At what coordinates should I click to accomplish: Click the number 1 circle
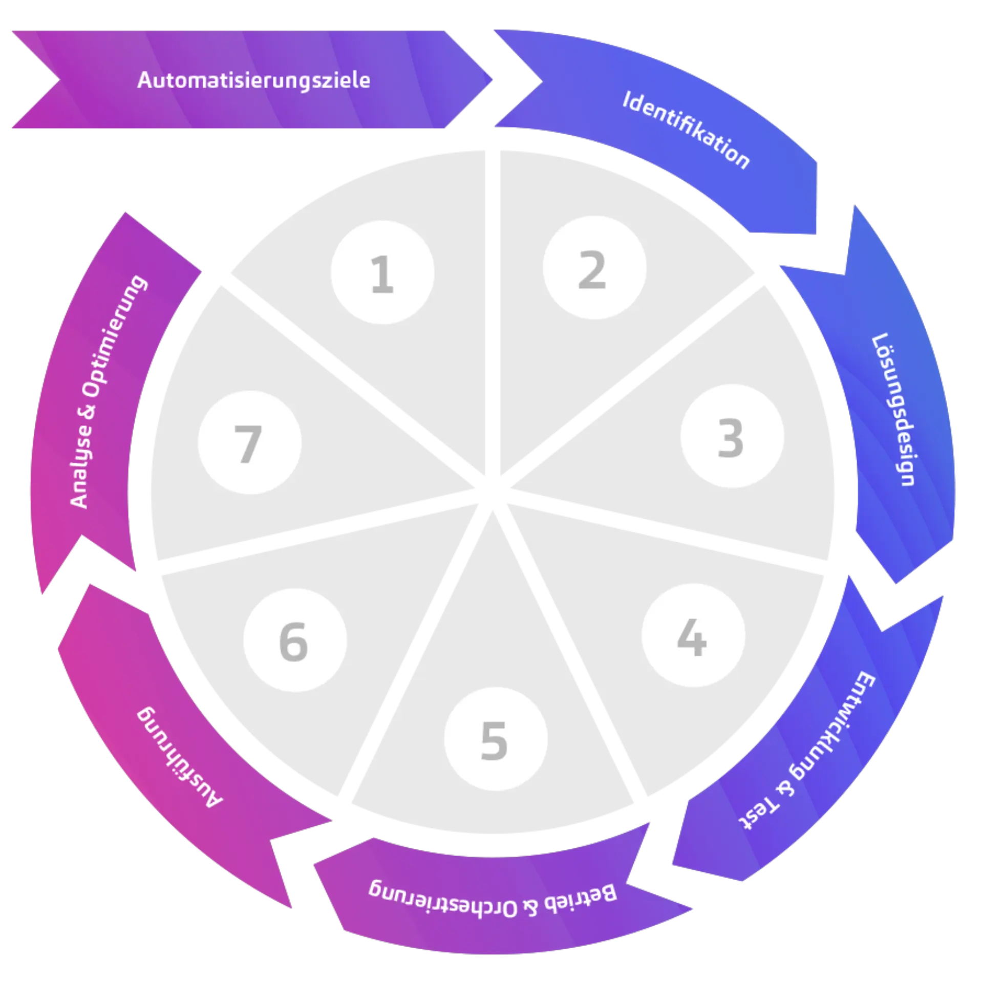pos(382,272)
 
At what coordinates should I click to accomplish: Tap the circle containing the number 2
pos(594,268)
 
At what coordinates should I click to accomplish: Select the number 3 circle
pos(732,437)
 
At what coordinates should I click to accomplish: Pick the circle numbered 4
pos(693,636)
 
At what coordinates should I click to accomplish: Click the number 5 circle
pos(495,739)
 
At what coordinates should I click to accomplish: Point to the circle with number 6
pos(295,640)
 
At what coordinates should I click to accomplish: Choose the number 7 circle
pos(249,443)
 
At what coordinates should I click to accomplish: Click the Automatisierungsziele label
pos(253,80)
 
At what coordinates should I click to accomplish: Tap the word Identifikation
pos(686,130)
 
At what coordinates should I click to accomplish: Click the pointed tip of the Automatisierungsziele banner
pos(493,80)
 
